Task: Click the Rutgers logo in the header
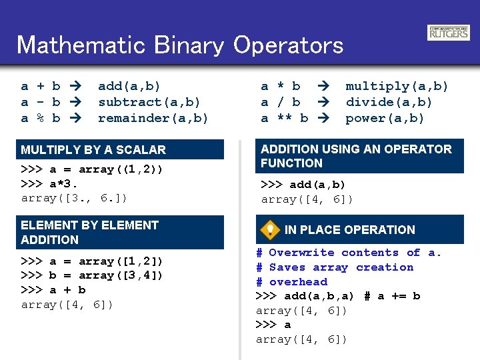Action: click(x=448, y=33)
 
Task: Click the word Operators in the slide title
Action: click(x=288, y=45)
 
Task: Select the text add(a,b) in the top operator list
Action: click(x=129, y=86)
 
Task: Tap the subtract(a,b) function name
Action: click(x=149, y=102)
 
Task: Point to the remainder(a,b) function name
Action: click(x=153, y=118)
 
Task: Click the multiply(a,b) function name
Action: click(x=397, y=86)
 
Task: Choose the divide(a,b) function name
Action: click(x=389, y=102)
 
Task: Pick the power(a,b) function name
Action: click(x=385, y=118)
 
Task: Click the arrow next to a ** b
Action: click(x=325, y=118)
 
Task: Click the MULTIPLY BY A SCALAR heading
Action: click(x=93, y=150)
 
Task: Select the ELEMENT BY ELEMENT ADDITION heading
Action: click(x=89, y=232)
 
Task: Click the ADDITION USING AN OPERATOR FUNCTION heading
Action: click(x=356, y=156)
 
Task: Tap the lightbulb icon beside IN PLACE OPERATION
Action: click(x=269, y=230)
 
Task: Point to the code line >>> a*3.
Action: click(x=50, y=183)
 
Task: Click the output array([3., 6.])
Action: click(x=74, y=198)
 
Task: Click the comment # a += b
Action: click(x=392, y=296)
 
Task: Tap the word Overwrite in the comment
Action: click(x=301, y=253)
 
